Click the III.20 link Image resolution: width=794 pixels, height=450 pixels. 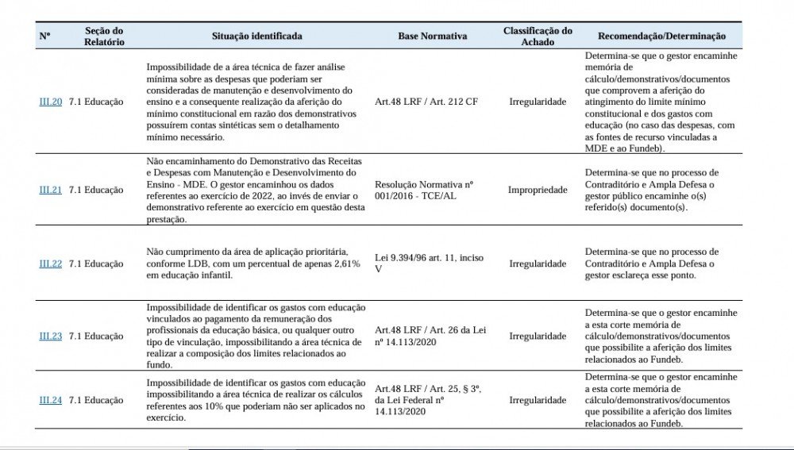50,102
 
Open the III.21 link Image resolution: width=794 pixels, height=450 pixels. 50,190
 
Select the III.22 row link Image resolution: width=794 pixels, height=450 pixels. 50,263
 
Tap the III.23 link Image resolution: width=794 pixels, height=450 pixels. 50,337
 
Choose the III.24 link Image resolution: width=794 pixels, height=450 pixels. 50,401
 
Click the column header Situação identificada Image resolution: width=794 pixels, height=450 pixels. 256,37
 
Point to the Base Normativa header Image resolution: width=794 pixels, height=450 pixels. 433,37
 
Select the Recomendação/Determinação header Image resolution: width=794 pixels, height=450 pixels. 661,37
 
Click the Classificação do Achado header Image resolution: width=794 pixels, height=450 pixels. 538,37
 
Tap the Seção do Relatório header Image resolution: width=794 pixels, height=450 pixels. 104,37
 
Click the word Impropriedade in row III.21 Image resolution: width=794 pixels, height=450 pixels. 538,190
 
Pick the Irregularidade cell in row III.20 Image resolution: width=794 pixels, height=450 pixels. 538,102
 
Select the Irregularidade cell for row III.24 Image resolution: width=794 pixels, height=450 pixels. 538,401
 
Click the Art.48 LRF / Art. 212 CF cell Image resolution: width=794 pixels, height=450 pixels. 426,102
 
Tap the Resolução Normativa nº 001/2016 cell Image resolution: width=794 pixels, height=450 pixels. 424,190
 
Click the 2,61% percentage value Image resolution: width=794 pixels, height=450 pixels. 344,263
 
